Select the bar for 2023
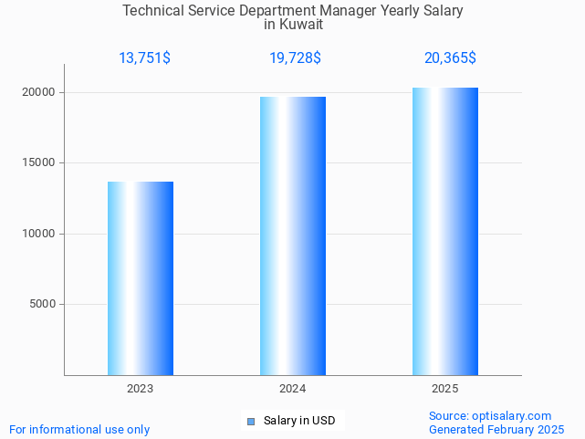coord(141,278)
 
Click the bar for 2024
coord(293,235)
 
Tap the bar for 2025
coord(445,231)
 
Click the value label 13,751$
coord(144,58)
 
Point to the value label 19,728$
coord(295,58)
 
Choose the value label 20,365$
coord(450,58)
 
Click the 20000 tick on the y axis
coord(39,92)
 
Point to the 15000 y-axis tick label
coord(39,163)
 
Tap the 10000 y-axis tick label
coord(39,234)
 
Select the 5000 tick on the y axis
coord(43,305)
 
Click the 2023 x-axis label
coord(140,389)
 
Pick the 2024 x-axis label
coord(292,389)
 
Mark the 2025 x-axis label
coord(444,389)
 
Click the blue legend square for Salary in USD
coord(252,421)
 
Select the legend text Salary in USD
coord(299,421)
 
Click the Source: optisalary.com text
coord(490,415)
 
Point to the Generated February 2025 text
coord(496,429)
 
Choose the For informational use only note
coord(79,429)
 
